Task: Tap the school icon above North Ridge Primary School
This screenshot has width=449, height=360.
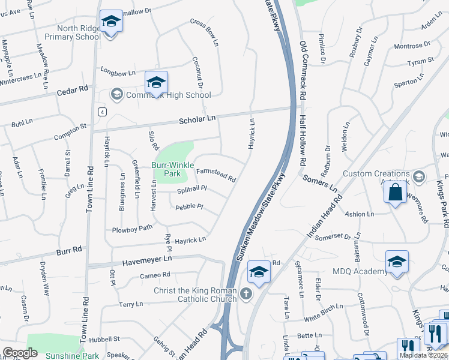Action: tap(110, 22)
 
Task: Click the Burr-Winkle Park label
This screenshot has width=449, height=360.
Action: tap(166, 169)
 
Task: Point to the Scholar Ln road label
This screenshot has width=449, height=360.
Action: tap(197, 119)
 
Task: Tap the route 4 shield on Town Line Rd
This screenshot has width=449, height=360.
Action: tap(103, 112)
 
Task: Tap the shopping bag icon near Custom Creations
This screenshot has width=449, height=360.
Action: tap(395, 193)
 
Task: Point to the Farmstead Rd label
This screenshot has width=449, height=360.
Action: tap(216, 175)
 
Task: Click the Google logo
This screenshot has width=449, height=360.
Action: tap(20, 352)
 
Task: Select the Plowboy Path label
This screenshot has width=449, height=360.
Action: tap(133, 229)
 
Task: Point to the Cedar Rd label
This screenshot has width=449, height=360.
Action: tap(72, 91)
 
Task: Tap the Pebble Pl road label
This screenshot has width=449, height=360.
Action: tap(189, 207)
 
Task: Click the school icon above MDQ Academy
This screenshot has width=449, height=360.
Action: tap(397, 262)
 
